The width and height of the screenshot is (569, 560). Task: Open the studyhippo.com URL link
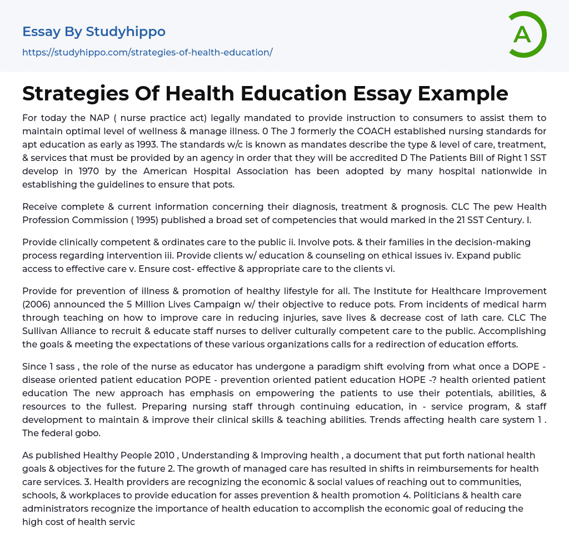coord(147,52)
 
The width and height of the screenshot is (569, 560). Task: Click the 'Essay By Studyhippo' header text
coord(94,32)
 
